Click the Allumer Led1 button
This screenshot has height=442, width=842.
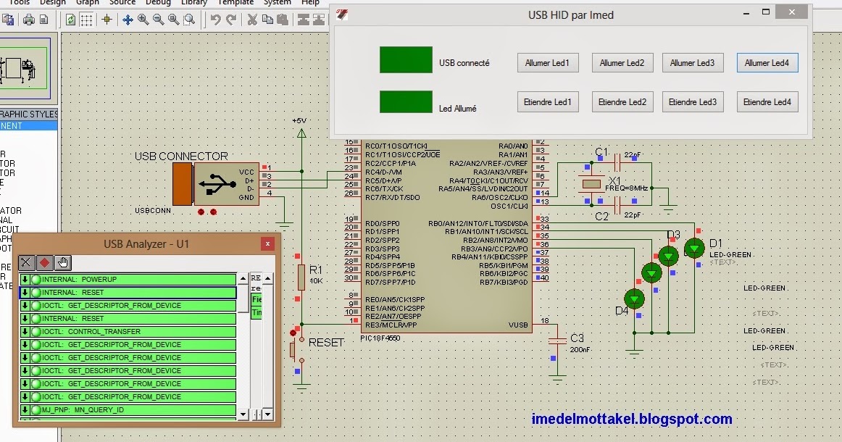click(x=547, y=63)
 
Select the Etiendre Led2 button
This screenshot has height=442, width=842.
click(x=622, y=102)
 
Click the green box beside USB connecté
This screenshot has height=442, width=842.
click(x=406, y=60)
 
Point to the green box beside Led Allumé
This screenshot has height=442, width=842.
click(x=406, y=102)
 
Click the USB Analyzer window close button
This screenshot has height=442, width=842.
click(x=268, y=244)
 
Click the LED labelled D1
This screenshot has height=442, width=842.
click(x=694, y=248)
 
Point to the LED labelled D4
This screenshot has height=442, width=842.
click(x=635, y=298)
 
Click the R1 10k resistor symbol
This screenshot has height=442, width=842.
click(x=301, y=276)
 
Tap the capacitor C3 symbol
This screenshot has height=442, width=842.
click(x=557, y=341)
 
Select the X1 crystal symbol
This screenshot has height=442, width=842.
click(x=593, y=184)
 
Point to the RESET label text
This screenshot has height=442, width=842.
click(x=325, y=342)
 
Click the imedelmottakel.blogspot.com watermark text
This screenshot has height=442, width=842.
click(x=631, y=419)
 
